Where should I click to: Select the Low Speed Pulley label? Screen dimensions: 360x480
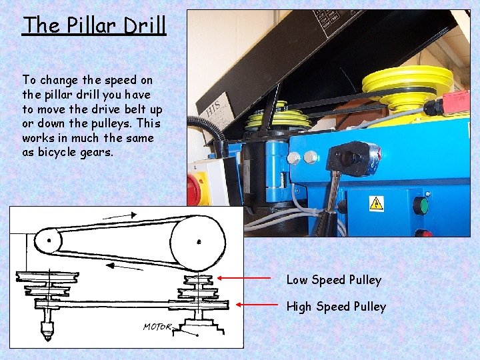333,280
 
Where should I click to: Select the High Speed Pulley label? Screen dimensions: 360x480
336,307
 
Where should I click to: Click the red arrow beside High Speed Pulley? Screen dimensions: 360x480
257,305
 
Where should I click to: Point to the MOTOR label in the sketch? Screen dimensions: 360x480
157,327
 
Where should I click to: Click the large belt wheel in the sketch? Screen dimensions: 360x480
197,241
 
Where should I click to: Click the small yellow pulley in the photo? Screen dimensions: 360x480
277,120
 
